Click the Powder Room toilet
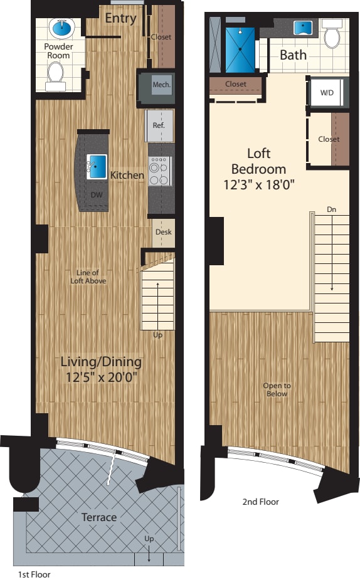click(57, 74)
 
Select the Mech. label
click(161, 84)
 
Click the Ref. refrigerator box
click(159, 125)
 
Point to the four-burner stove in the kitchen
click(159, 171)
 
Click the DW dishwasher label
click(96, 195)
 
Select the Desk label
click(163, 232)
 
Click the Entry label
click(120, 18)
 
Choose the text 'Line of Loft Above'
click(87, 277)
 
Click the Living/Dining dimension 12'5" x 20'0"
click(101, 377)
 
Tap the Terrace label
click(99, 517)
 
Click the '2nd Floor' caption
click(261, 502)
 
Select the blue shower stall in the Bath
click(240, 50)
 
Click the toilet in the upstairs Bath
click(332, 36)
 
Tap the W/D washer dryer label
click(327, 93)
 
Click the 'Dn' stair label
click(331, 209)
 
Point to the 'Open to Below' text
click(277, 389)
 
